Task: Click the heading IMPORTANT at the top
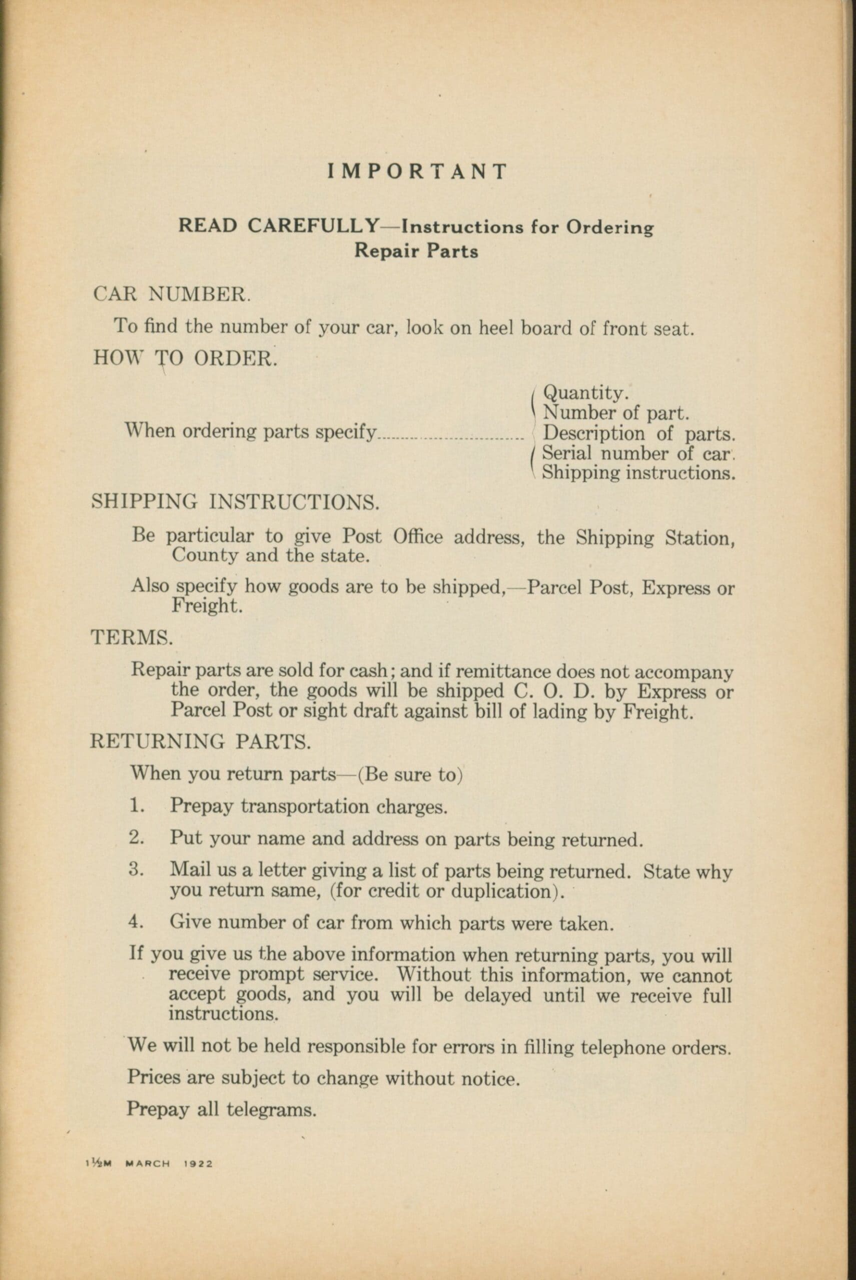[418, 171]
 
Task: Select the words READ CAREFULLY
[279, 225]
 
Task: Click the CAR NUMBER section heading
[172, 294]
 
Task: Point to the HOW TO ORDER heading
[185, 358]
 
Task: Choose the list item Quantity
[585, 393]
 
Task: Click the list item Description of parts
[639, 434]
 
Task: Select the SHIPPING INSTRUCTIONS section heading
[235, 501]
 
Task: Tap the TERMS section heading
[132, 637]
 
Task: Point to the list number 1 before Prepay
[136, 806]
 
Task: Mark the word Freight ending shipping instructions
[206, 606]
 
